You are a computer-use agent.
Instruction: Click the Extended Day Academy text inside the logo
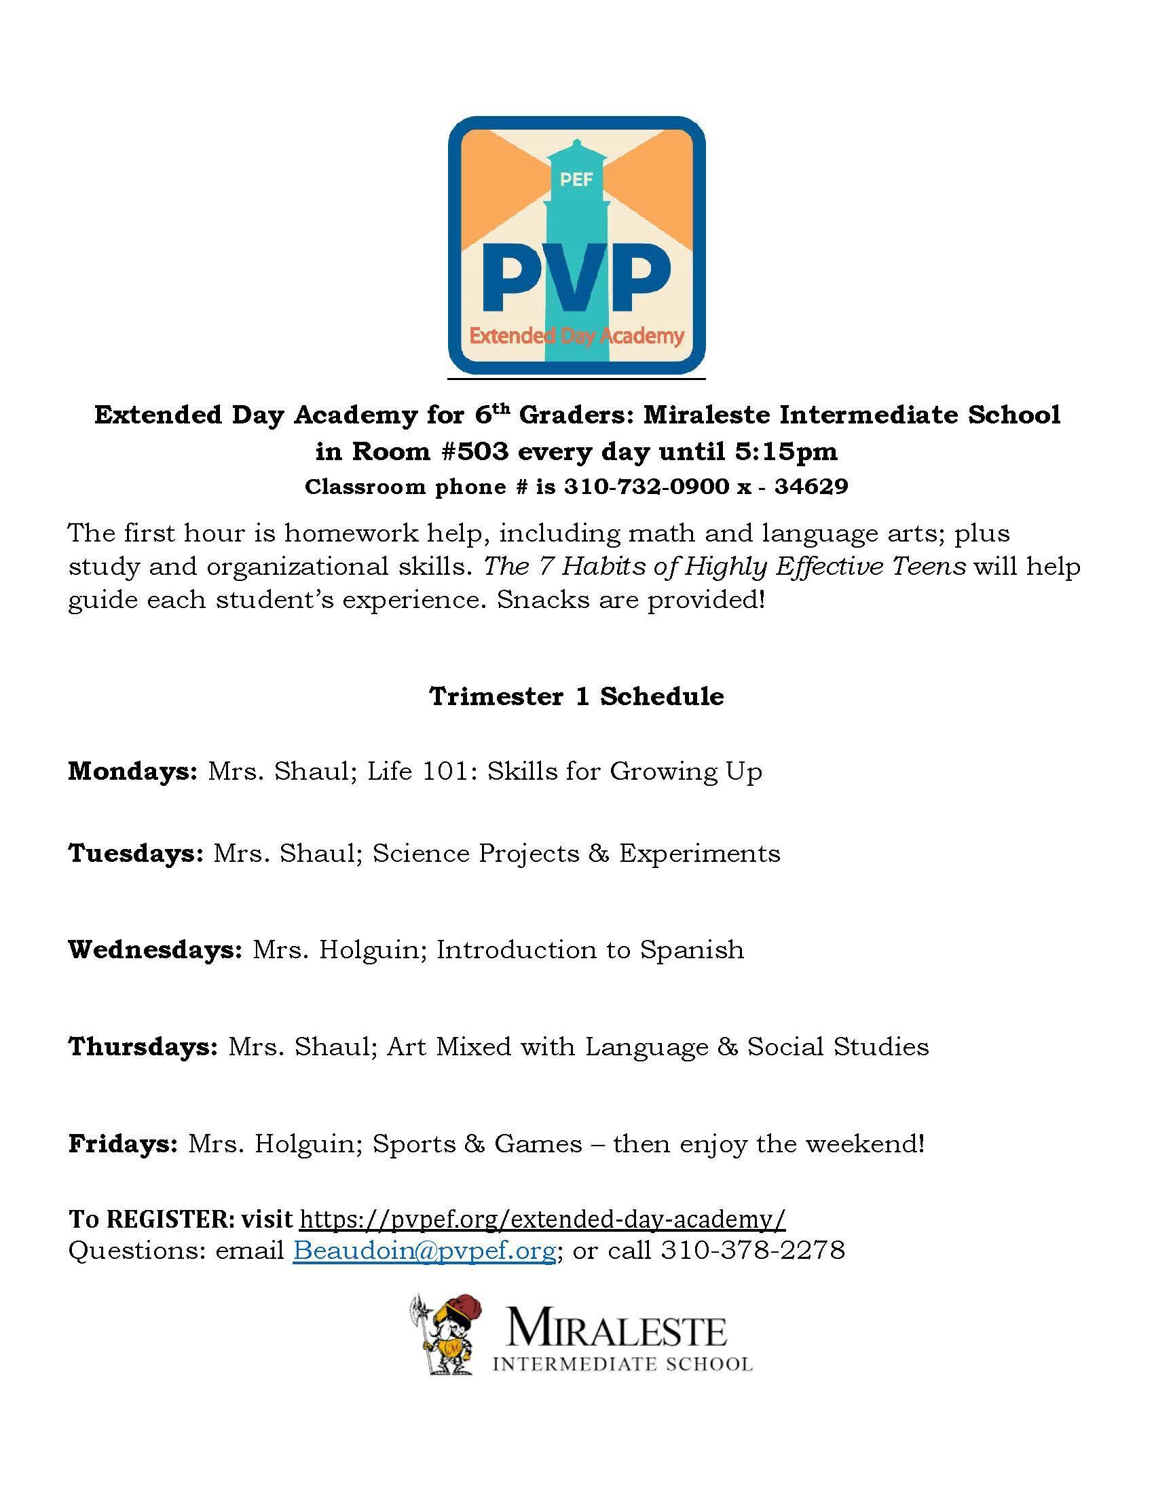pos(576,336)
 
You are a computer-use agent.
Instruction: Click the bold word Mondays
pos(132,771)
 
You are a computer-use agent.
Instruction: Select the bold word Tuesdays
pos(135,853)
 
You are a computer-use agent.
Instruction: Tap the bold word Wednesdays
pos(155,949)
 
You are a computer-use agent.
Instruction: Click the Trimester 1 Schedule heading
pos(576,696)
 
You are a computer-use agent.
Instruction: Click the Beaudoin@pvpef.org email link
pos(424,1249)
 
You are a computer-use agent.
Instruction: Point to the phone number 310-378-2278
pos(753,1249)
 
